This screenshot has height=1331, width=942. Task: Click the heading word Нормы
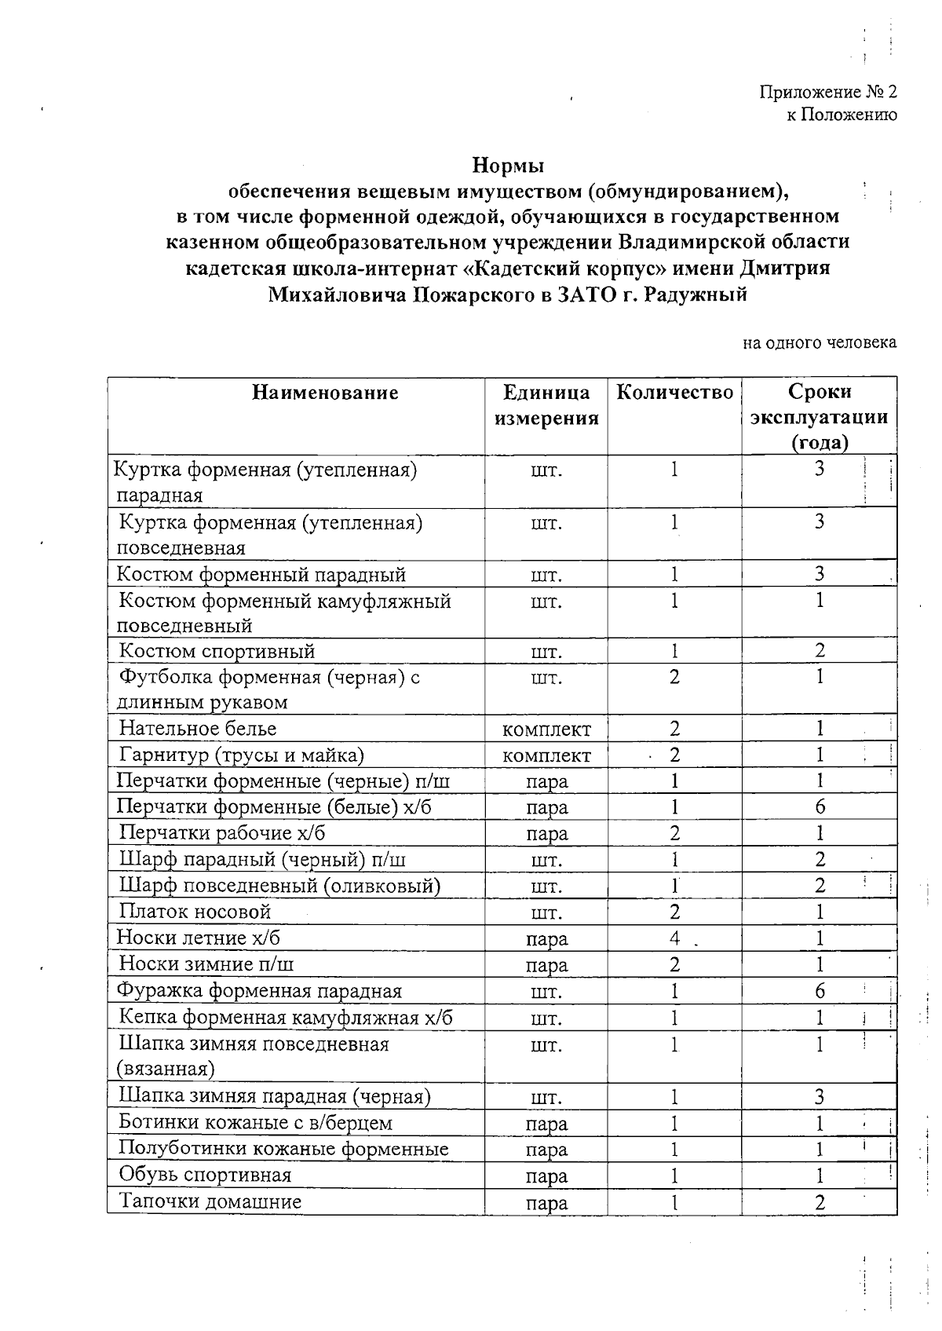pyautogui.click(x=507, y=166)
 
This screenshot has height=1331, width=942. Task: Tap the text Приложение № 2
pyautogui.click(x=827, y=92)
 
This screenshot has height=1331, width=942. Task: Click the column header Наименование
pyautogui.click(x=325, y=392)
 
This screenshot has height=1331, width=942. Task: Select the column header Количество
pyautogui.click(x=674, y=392)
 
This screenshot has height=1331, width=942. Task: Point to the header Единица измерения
pyautogui.click(x=546, y=404)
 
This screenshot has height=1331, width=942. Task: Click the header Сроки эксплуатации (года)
pyautogui.click(x=819, y=416)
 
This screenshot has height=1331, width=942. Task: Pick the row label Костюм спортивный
pyautogui.click(x=217, y=651)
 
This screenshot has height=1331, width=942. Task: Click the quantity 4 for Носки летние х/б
pyautogui.click(x=674, y=938)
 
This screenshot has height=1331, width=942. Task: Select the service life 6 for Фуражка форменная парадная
pyautogui.click(x=820, y=991)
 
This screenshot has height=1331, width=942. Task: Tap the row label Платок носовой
pyautogui.click(x=195, y=912)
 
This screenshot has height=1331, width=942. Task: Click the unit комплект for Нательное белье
pyautogui.click(x=546, y=729)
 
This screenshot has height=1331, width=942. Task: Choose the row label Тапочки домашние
pyautogui.click(x=210, y=1201)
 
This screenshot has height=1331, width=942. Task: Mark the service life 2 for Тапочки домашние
pyautogui.click(x=820, y=1202)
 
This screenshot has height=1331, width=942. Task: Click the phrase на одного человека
pyautogui.click(x=820, y=342)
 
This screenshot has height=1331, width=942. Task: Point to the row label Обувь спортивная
pyautogui.click(x=205, y=1175)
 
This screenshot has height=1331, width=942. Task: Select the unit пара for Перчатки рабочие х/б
pyautogui.click(x=546, y=834)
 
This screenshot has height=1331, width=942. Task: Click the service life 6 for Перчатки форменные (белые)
pyautogui.click(x=820, y=807)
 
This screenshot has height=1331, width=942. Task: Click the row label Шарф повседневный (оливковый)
pyautogui.click(x=279, y=886)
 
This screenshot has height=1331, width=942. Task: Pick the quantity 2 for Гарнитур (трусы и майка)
pyautogui.click(x=674, y=755)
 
